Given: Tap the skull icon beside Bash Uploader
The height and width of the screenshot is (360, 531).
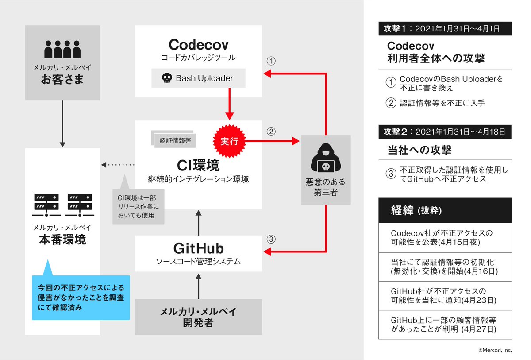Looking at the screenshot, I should pos(166,78).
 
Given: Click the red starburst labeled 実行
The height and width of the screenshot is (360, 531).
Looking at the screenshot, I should pos(229,142).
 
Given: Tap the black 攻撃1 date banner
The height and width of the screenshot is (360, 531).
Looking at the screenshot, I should pos(445,29).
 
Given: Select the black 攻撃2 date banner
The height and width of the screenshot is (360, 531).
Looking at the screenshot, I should pos(445,132).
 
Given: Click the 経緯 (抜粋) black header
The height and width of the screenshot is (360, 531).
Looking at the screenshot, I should pos(445,210).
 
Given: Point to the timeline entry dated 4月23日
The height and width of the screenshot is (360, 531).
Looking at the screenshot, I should pos(445,296).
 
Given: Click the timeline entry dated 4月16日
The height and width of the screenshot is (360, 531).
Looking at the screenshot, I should pos(445,267).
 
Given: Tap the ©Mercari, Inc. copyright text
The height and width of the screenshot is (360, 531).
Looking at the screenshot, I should pos(494,350).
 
